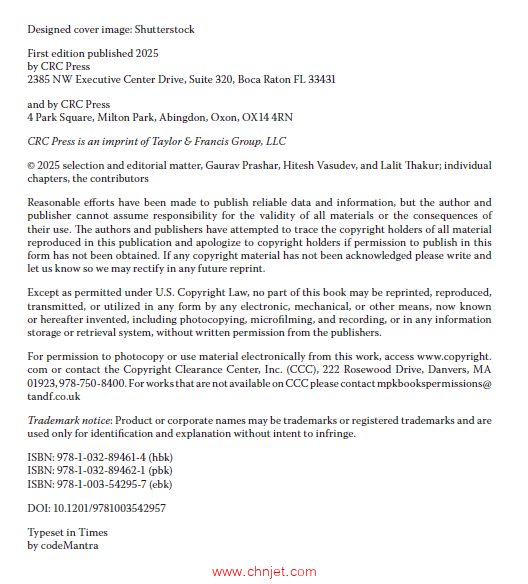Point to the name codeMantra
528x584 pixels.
[x=69, y=546]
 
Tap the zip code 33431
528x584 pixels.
[x=318, y=77]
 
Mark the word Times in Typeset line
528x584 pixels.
[x=94, y=533]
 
